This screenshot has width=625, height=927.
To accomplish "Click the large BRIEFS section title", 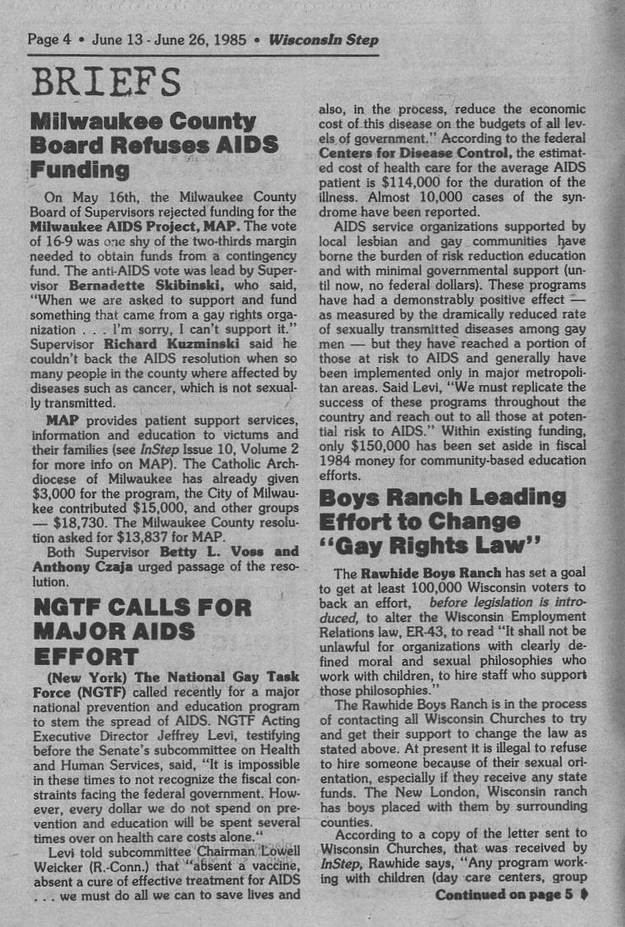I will coord(104,83).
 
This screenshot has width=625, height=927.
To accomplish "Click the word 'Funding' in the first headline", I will coord(80,170).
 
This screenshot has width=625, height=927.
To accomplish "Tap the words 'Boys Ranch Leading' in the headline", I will coord(442,497).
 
